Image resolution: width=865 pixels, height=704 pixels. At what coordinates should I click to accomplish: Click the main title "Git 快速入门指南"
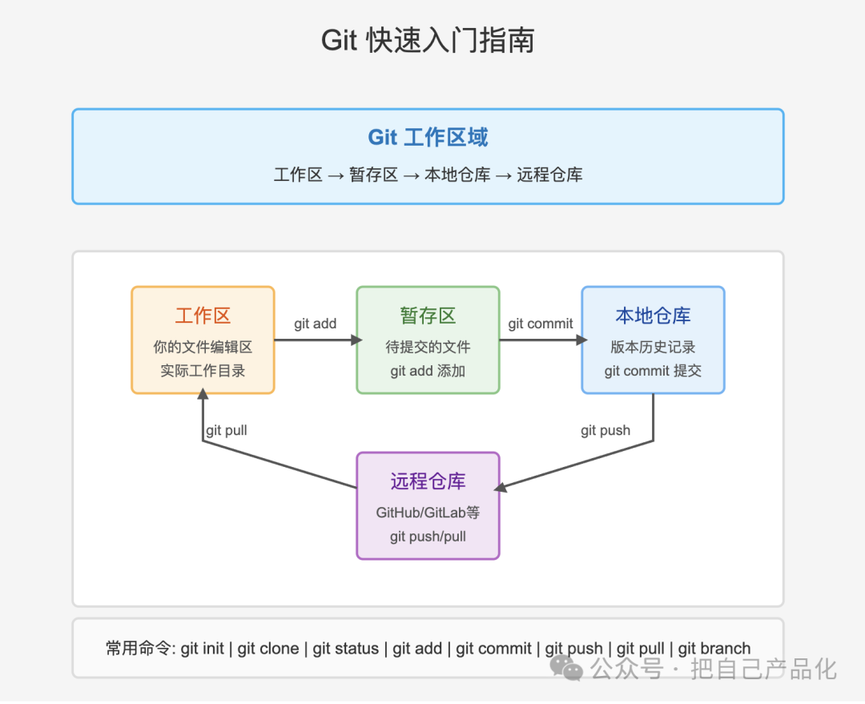click(x=428, y=40)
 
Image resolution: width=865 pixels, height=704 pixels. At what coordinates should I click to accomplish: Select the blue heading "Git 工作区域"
click(x=428, y=138)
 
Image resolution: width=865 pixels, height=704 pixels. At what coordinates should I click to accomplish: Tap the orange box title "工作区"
click(x=203, y=316)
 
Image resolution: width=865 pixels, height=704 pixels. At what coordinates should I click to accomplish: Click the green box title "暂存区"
click(x=428, y=316)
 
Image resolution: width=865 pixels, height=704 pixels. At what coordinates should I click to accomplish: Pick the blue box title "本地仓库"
click(x=653, y=316)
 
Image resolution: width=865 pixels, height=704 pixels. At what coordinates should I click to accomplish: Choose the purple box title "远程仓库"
click(x=428, y=481)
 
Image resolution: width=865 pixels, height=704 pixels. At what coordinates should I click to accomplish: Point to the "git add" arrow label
click(x=315, y=324)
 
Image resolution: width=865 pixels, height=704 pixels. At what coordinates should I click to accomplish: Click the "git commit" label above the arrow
click(x=540, y=324)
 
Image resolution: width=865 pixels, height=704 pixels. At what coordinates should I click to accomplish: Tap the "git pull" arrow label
click(x=226, y=430)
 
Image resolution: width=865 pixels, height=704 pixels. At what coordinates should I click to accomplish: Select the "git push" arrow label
click(x=605, y=430)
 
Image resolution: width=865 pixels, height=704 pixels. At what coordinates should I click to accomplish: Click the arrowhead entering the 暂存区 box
click(x=356, y=340)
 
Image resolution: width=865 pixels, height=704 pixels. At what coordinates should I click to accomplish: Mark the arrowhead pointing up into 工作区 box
click(x=203, y=393)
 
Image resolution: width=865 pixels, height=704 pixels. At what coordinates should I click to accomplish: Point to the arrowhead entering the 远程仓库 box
click(x=501, y=487)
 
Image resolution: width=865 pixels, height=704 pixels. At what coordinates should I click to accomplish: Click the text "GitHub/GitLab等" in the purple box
click(x=428, y=513)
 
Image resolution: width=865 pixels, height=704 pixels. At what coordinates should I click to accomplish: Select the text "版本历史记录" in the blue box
click(x=653, y=347)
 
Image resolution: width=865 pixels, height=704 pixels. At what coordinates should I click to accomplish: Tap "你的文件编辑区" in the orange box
click(x=203, y=347)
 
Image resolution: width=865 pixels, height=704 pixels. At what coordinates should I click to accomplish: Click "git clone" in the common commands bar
click(x=268, y=648)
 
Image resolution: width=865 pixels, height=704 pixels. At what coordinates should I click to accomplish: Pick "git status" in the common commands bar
click(x=346, y=648)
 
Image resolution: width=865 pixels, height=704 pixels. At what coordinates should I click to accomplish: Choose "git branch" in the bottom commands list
click(x=714, y=648)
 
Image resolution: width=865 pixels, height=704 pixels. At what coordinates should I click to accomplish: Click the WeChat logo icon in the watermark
click(x=566, y=668)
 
